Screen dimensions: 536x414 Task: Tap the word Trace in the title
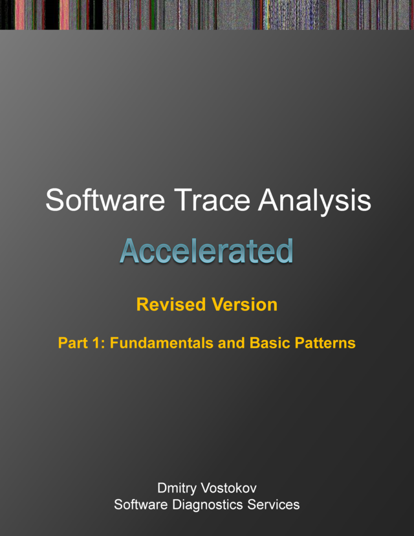click(197, 201)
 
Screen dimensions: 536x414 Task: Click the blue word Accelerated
click(206, 251)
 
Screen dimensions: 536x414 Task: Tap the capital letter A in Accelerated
click(128, 251)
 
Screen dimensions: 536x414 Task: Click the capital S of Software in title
click(53, 201)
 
